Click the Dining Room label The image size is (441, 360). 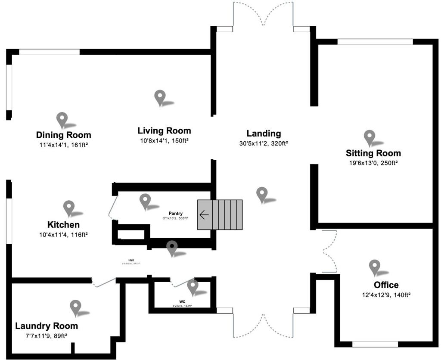pos(63,135)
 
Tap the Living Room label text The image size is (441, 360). pos(164,130)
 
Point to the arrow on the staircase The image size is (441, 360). pos(204,214)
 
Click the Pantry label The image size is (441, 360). pos(175,213)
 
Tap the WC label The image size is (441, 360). pos(182,301)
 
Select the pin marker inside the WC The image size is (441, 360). pos(192,286)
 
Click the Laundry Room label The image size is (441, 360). pos(47,326)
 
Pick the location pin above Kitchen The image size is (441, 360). pos(69,208)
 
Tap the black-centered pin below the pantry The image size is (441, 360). pos(172,248)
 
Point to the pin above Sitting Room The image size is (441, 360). pos(370,137)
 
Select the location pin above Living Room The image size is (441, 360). pos(160,97)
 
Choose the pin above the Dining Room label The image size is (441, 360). pos(62,120)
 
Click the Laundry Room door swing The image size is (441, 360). pos(103,282)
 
